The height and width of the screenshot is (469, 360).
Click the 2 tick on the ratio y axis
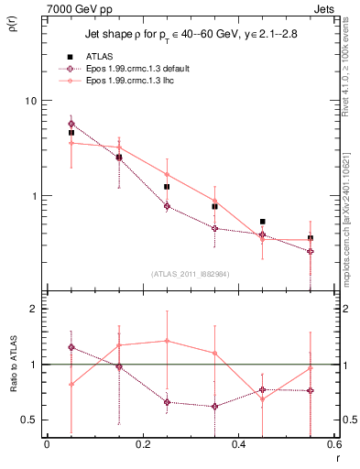(x=34, y=310)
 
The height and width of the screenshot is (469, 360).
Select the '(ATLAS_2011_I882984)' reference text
(x=191, y=274)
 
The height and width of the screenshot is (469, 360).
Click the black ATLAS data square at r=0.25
(x=167, y=187)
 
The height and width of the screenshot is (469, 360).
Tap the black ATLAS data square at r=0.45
(x=263, y=222)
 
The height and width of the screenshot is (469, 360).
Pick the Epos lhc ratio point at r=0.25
(x=167, y=341)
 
